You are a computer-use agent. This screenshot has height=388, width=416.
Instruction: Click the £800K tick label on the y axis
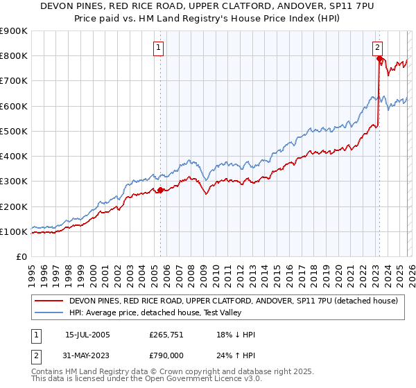click(14, 56)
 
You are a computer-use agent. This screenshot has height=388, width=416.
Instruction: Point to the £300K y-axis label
click(14, 182)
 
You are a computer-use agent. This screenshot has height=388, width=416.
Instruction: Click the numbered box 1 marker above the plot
click(159, 48)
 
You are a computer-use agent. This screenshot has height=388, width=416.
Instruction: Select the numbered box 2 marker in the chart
click(378, 48)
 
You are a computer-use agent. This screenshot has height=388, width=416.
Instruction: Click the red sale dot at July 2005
click(160, 190)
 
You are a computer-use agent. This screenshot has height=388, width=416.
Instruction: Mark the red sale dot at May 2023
click(379, 59)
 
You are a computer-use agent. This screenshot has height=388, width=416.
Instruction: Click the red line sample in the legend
click(49, 301)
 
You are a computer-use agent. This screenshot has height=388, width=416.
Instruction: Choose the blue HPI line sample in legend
click(49, 313)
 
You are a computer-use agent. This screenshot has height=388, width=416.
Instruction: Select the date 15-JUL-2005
click(87, 335)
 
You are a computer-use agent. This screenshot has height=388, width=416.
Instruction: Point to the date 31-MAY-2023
click(87, 355)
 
